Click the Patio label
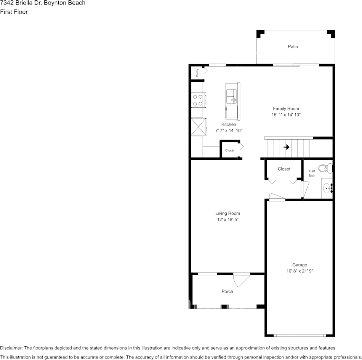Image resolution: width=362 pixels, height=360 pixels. [x=293, y=47]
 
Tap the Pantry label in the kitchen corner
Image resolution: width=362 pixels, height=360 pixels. [x=197, y=72]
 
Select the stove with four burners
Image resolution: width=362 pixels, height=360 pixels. [x=197, y=100]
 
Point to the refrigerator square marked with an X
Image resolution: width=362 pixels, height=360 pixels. [x=199, y=127]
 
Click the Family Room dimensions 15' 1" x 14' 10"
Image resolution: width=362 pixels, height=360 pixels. [x=286, y=115]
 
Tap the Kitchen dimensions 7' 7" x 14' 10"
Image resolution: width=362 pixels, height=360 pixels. [x=229, y=131]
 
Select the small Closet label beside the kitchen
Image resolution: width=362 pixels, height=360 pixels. [x=230, y=150]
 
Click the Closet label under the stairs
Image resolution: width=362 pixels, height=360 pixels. [x=284, y=169]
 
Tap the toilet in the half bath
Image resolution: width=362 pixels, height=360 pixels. [x=325, y=168]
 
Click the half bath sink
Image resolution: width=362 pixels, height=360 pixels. [x=327, y=188]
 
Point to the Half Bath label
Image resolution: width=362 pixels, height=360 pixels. [x=312, y=174]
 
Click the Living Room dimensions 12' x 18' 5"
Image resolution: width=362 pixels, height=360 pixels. [x=227, y=220]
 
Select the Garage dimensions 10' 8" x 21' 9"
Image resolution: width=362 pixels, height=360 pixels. [x=300, y=271]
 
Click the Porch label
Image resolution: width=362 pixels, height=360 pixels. [x=227, y=292]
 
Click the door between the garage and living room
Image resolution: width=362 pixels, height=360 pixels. [x=277, y=197]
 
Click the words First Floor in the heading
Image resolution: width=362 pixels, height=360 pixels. [x=14, y=12]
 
